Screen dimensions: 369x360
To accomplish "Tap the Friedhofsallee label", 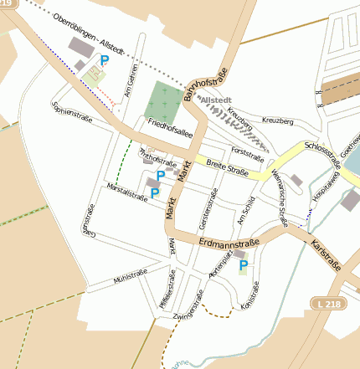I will click(170, 128).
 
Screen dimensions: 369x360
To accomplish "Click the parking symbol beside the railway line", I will click(104, 60).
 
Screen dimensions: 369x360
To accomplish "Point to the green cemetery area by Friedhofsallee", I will click(162, 101).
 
